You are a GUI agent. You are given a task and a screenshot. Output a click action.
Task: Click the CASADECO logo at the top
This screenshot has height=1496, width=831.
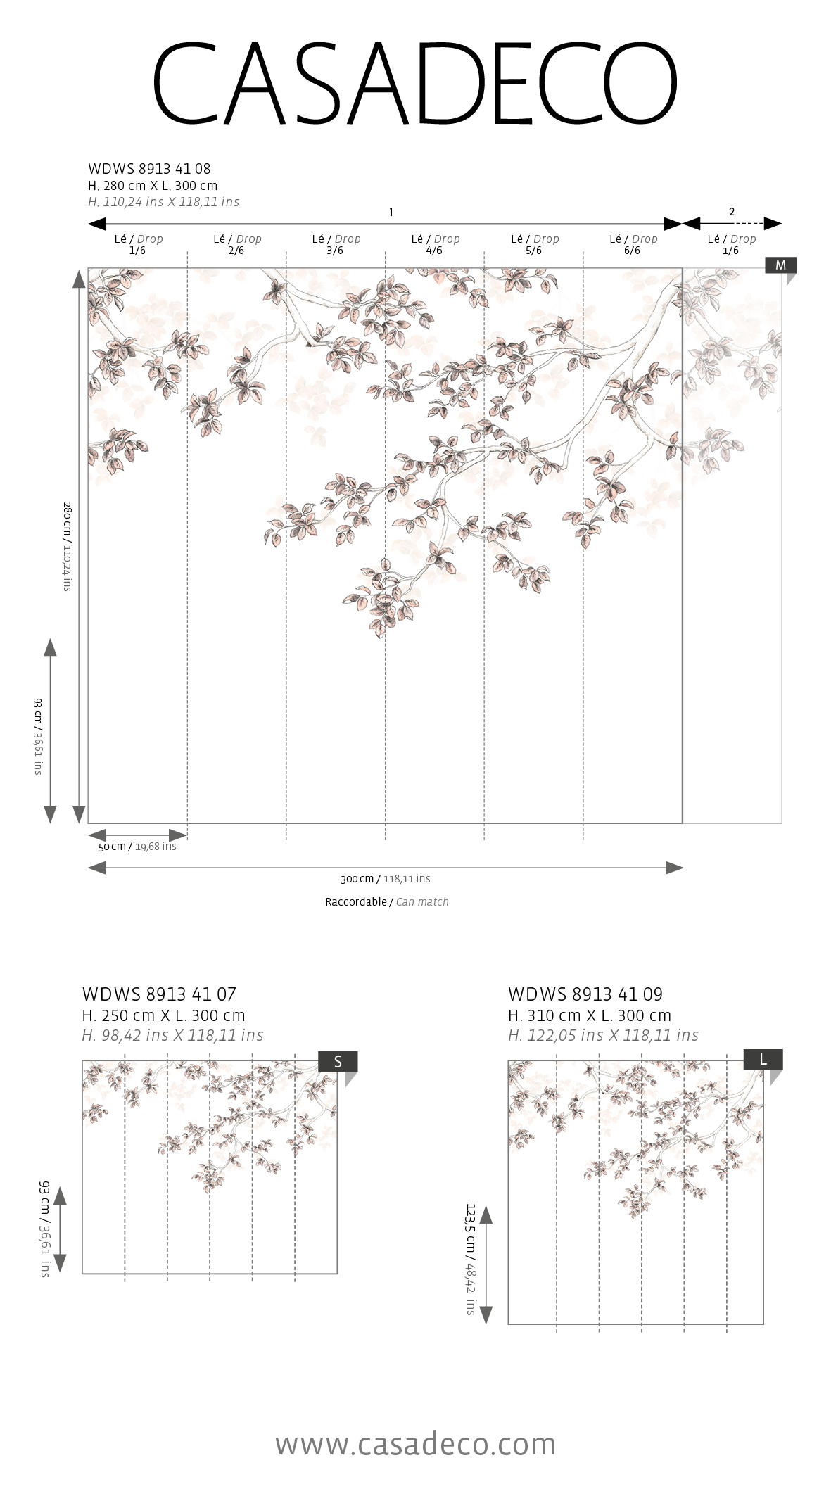click(415, 84)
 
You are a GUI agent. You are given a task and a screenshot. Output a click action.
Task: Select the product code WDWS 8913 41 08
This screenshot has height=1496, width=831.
click(149, 169)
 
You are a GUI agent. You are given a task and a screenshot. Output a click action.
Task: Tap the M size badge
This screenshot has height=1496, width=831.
click(780, 265)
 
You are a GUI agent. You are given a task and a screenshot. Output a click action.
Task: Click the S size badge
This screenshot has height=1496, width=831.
click(338, 1062)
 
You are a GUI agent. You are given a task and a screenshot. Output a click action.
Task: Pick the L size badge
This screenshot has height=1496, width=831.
click(763, 1060)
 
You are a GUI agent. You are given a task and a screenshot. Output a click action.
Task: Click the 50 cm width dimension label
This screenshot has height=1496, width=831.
click(137, 847)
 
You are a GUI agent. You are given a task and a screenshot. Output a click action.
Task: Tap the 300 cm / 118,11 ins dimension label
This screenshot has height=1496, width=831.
click(385, 879)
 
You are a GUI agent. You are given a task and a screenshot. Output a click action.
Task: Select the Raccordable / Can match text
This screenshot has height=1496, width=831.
click(386, 902)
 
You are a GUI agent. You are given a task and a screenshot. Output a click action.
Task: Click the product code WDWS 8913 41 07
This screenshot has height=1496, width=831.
click(159, 994)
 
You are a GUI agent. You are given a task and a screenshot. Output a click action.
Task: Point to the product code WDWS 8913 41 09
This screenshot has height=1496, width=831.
click(585, 994)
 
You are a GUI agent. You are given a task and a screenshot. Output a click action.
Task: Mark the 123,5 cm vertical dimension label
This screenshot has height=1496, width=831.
click(471, 1260)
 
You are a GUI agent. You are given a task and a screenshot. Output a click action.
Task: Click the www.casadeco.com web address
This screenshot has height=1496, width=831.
click(415, 1444)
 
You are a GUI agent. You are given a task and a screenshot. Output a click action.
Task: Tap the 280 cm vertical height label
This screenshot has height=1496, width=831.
click(68, 546)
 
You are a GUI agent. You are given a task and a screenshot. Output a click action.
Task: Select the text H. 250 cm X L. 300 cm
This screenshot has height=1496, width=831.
click(163, 1015)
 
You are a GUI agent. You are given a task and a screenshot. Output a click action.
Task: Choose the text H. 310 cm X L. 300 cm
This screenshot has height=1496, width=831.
click(590, 1015)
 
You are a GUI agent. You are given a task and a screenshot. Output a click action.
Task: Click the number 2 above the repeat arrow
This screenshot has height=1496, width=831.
click(732, 212)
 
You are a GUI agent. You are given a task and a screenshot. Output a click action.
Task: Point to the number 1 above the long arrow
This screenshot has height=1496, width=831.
click(391, 213)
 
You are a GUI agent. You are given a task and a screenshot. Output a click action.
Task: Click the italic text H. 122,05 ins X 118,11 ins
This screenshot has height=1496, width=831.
click(603, 1035)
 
